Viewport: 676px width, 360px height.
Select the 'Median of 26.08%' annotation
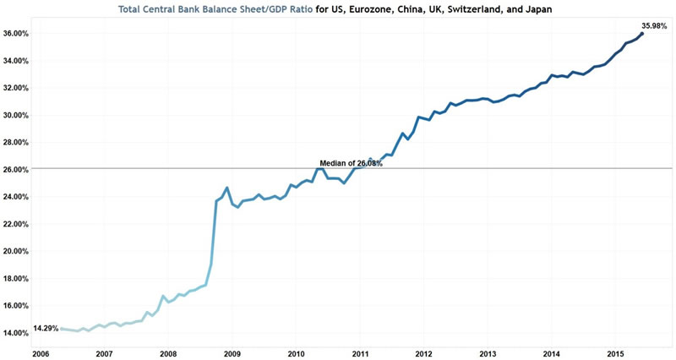[351, 163]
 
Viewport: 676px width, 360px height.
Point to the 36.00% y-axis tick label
[17, 34]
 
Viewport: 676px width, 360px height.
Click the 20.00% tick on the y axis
[17, 251]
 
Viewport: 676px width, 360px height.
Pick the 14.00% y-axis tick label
[17, 333]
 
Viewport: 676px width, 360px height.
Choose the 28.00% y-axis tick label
[17, 142]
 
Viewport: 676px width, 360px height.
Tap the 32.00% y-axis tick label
[17, 88]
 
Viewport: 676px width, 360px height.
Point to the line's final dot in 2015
[643, 34]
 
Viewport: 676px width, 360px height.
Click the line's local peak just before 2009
[227, 188]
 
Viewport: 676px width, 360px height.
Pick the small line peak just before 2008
[163, 297]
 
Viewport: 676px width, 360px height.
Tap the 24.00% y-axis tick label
[17, 197]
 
